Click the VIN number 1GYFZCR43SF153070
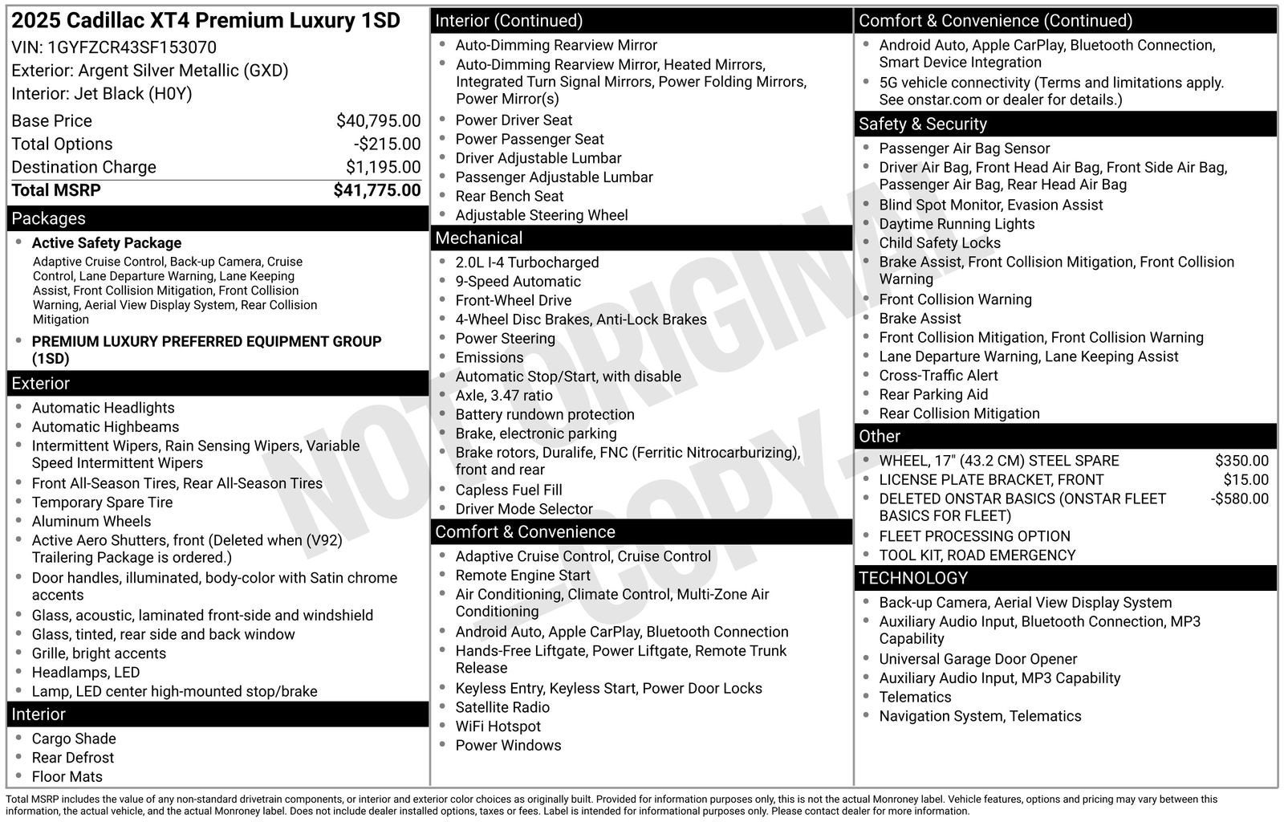(132, 47)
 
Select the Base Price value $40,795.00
(378, 121)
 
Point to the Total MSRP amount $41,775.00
(376, 190)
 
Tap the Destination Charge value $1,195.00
(383, 167)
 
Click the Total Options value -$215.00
(387, 144)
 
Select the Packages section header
(48, 218)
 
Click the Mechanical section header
(478, 238)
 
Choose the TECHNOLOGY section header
(912, 578)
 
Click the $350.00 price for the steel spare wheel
(1241, 461)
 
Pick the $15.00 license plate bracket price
(1245, 480)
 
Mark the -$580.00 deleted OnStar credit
(1239, 498)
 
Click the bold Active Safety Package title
(106, 243)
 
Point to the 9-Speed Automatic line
(518, 282)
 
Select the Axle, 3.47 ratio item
(503, 396)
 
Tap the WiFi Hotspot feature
(498, 726)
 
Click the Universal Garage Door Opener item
(977, 659)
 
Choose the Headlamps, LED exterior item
(85, 673)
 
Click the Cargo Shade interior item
(74, 739)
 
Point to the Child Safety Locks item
(939, 243)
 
